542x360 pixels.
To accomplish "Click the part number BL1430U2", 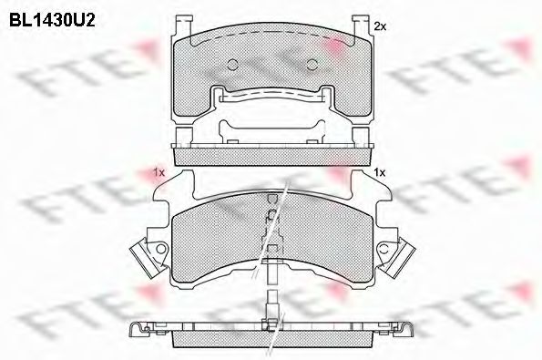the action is click(x=52, y=20).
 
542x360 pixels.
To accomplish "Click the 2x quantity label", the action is click(x=380, y=26).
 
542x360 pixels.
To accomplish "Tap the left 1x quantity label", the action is click(x=159, y=172).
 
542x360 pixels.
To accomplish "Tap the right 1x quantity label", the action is click(x=380, y=172).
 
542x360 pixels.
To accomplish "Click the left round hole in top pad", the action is click(x=233, y=65).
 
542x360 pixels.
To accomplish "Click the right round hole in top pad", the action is click(x=312, y=65).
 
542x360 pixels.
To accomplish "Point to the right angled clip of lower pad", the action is click(x=402, y=258).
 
